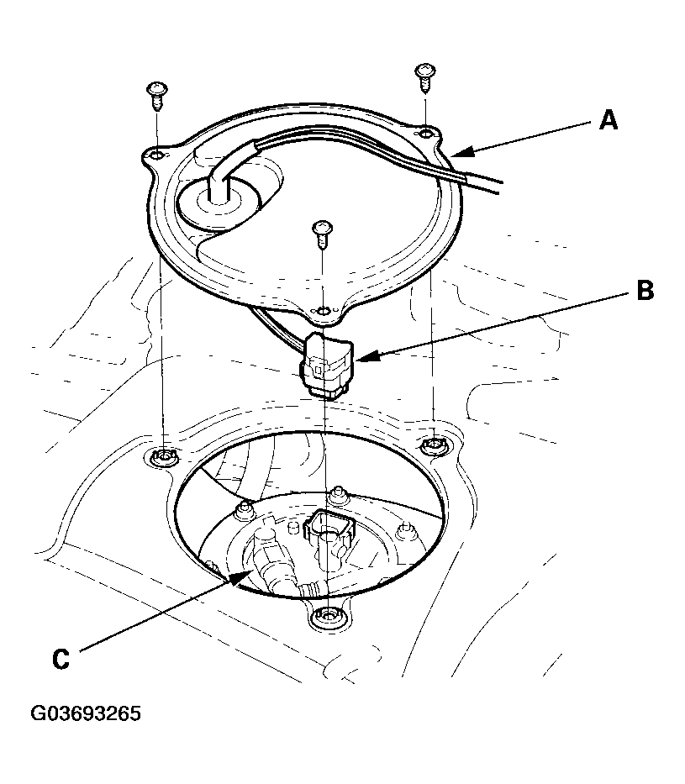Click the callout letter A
[x=609, y=121]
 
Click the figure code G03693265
[x=86, y=714]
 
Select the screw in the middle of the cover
[x=320, y=235]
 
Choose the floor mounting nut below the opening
[x=324, y=618]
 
